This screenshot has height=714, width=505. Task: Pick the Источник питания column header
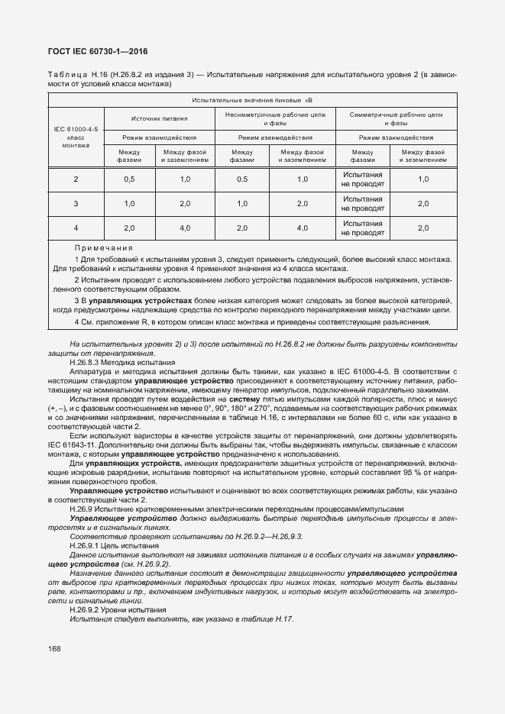point(160,118)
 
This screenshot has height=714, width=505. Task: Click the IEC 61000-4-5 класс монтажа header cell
point(76,132)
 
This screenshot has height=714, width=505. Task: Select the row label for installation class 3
point(76,204)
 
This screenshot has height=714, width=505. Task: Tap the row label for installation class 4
point(76,228)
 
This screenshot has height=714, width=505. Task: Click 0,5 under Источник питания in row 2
point(129,179)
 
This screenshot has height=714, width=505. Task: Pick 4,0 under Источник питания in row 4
point(185,228)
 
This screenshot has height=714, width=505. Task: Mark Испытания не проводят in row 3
point(362,204)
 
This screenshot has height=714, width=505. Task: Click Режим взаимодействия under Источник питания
point(160,138)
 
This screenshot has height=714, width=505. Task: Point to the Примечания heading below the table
point(104,248)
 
